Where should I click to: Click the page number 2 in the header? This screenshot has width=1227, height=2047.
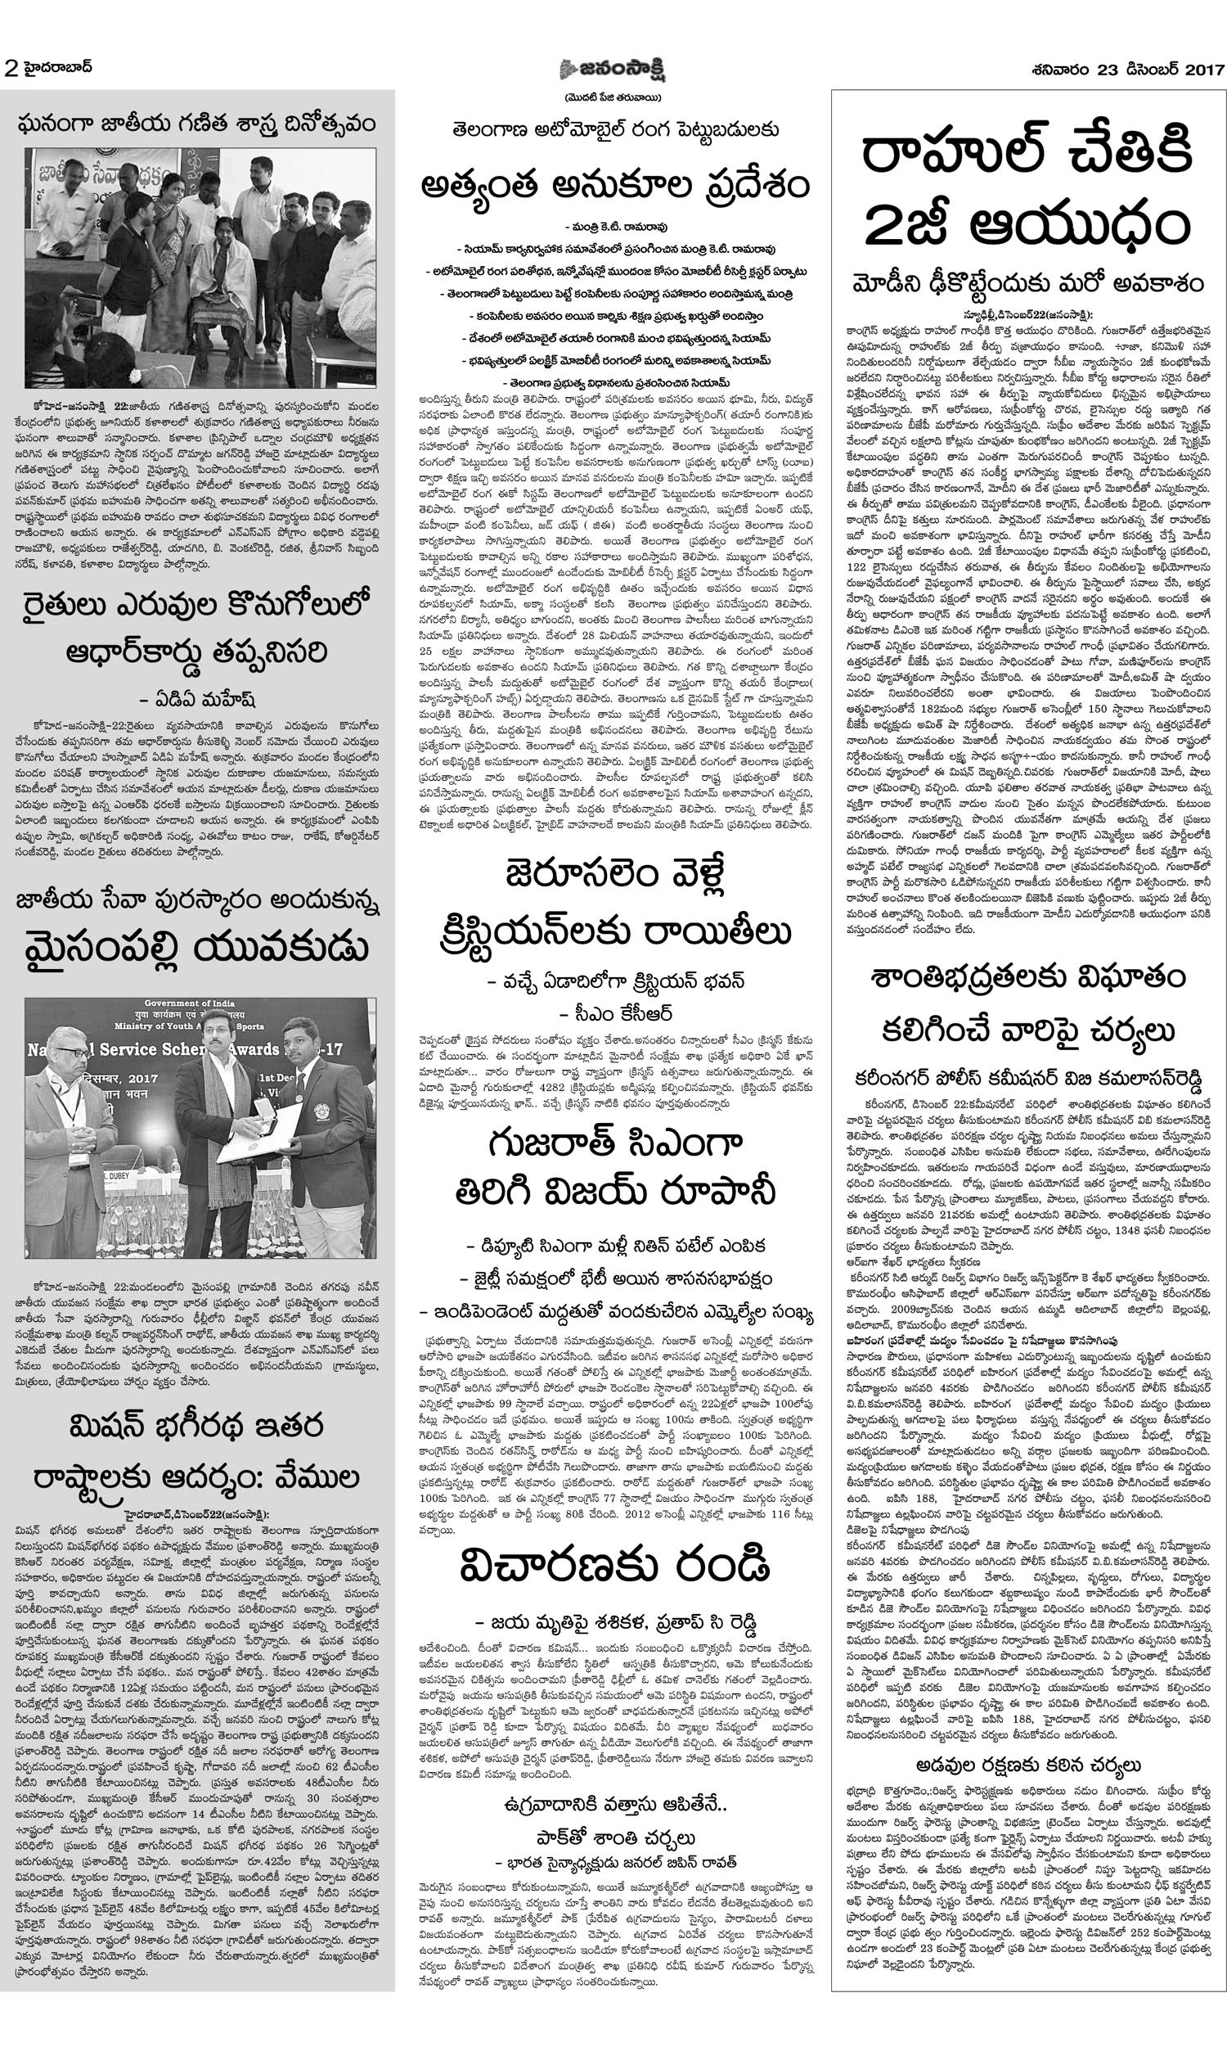click(x=11, y=69)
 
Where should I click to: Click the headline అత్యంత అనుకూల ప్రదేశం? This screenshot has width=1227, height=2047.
click(x=613, y=186)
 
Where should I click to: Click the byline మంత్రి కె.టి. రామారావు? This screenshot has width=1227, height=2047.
click(x=613, y=225)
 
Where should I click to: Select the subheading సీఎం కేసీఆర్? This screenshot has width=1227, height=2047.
click(x=613, y=1013)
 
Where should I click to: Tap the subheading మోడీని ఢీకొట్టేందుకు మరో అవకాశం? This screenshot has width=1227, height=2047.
click(x=1028, y=284)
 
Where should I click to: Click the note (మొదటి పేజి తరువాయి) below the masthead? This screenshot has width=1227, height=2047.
click(x=613, y=96)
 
